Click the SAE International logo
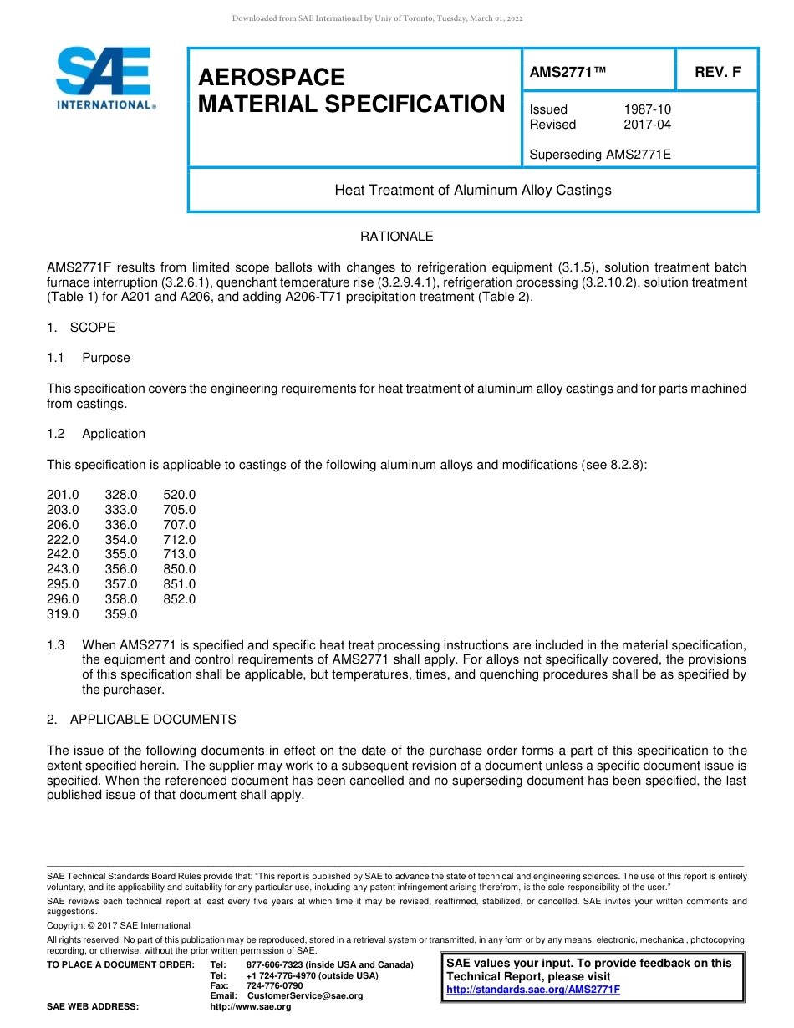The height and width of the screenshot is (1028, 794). coord(104,79)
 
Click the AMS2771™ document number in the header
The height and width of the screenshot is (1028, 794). coord(568,73)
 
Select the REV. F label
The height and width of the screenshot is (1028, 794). coord(717,73)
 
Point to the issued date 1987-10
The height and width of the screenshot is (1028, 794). coord(647,109)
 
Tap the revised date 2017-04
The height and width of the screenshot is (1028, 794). coord(647,125)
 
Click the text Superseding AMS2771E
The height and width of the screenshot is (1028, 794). coord(600,155)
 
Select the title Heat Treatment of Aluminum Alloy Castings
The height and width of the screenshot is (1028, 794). coord(473,190)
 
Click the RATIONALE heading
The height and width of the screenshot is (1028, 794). coord(396,237)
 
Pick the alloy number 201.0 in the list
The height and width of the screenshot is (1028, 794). coord(63,495)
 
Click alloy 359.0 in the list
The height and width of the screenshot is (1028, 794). coord(121,614)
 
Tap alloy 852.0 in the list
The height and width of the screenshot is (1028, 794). coord(180,599)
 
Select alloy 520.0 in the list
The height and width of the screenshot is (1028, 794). coord(180,495)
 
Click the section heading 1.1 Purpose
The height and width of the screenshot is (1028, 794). coord(89,358)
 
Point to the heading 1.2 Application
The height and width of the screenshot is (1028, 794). coord(96,434)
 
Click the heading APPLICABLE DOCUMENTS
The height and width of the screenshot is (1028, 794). coord(153,720)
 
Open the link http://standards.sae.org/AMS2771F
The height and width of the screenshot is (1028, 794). coord(533,990)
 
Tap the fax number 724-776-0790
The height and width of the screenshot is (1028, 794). coord(269,985)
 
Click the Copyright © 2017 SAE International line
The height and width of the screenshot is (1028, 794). coord(119,925)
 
